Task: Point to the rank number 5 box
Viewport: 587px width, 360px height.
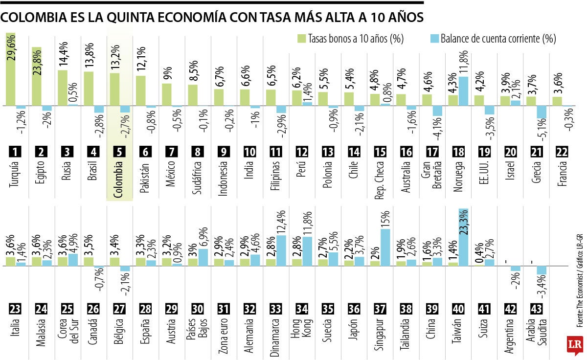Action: tap(119, 152)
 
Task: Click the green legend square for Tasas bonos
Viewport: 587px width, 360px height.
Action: tap(302, 38)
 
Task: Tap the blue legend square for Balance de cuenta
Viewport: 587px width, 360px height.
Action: tap(433, 38)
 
